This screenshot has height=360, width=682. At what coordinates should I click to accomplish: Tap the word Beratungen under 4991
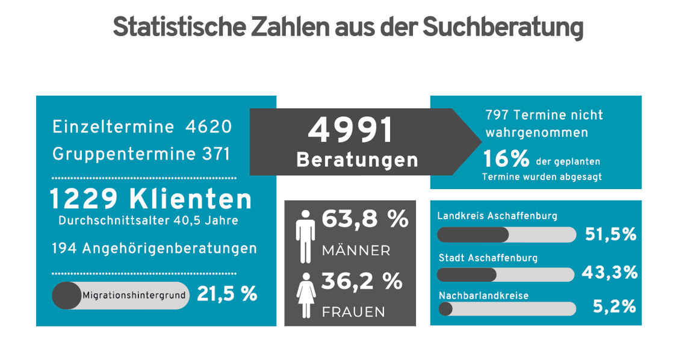click(357, 160)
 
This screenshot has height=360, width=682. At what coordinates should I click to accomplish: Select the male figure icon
click(306, 236)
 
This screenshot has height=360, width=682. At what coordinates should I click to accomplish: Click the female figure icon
click(306, 294)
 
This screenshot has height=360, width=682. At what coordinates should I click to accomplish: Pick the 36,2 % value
click(362, 281)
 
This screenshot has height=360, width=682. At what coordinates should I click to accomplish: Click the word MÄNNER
click(356, 250)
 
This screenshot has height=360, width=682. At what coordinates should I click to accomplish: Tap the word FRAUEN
click(353, 312)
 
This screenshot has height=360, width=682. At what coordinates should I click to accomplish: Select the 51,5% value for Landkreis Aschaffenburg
click(610, 234)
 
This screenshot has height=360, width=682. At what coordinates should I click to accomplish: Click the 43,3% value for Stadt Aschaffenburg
click(609, 273)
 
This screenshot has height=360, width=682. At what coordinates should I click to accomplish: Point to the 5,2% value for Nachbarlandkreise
click(614, 307)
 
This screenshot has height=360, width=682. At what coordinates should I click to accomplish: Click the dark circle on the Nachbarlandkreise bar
click(445, 309)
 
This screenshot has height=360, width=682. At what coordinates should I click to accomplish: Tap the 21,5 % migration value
click(227, 294)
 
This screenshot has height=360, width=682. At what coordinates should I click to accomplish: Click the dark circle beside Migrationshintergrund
click(66, 296)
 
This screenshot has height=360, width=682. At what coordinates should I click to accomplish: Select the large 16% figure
click(506, 160)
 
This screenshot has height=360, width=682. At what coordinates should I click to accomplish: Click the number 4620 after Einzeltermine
click(208, 127)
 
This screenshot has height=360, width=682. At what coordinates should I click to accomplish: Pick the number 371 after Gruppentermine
click(216, 154)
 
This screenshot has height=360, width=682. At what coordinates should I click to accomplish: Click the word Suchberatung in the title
click(503, 28)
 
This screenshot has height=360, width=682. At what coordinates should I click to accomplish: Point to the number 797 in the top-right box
click(496, 114)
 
